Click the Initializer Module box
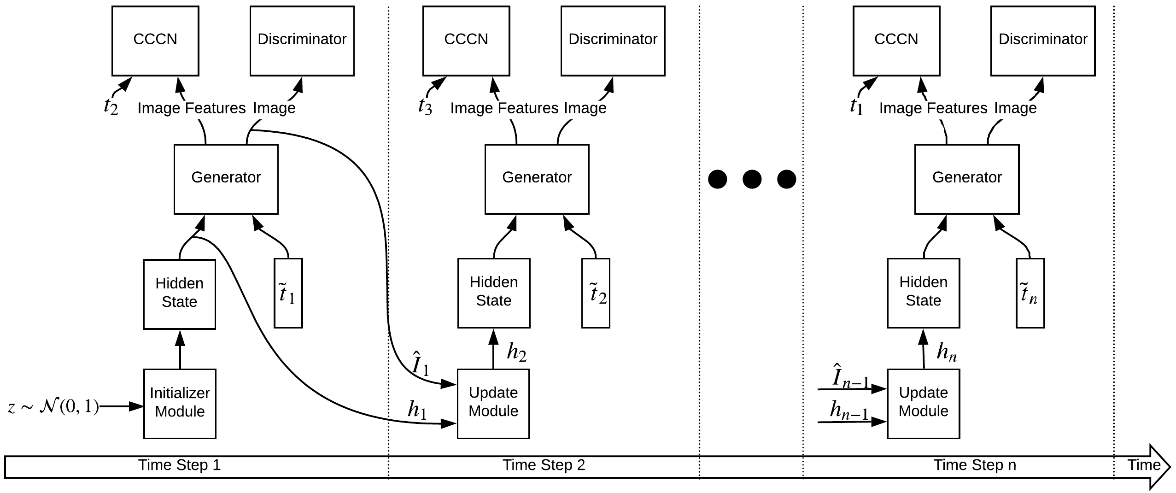click(180, 404)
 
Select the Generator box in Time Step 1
click(226, 179)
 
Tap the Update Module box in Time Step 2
click(493, 404)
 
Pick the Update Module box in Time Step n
click(924, 404)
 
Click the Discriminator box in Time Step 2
click(613, 41)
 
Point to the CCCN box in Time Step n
click(896, 41)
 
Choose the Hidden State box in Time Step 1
click(180, 294)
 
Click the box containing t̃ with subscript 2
click(596, 293)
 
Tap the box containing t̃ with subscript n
click(1030, 293)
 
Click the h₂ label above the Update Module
click(517, 352)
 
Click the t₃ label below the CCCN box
click(425, 106)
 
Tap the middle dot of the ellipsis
click(752, 179)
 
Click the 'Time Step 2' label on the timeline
click(544, 465)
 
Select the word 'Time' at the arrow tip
click(1144, 465)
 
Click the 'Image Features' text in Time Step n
click(933, 108)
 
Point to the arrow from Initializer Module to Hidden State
click(180, 349)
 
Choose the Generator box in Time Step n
click(967, 179)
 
